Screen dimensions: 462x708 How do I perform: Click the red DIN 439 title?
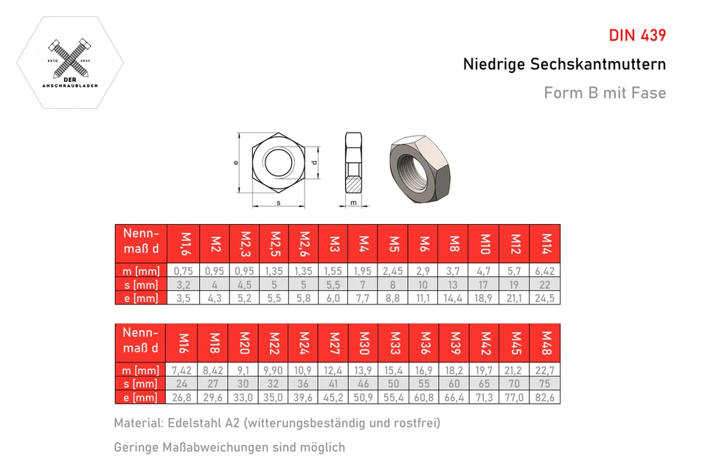637,35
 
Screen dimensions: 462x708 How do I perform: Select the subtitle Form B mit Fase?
605,93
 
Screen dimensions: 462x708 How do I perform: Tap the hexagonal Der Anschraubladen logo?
70,63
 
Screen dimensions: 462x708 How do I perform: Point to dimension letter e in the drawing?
235,163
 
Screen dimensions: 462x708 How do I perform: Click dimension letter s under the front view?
278,202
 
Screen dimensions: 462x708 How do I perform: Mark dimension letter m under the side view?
353,202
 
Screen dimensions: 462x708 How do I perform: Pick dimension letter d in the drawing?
314,162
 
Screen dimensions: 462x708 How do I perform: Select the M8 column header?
454,243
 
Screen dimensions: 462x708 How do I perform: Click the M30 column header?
364,343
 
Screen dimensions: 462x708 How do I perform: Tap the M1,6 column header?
185,243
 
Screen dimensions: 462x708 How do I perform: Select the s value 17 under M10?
485,284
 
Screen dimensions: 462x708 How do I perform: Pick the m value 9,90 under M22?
274,370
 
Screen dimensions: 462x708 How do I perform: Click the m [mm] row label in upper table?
140,271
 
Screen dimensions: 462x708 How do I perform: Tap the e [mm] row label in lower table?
140,397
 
